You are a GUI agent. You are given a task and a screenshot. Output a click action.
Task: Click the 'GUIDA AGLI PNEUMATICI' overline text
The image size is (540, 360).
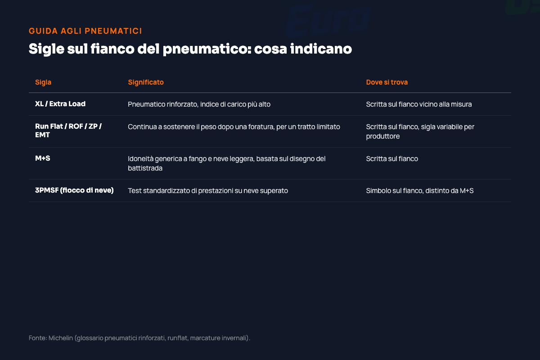[x=85, y=31]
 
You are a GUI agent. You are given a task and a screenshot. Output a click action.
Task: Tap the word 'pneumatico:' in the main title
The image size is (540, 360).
[x=207, y=49]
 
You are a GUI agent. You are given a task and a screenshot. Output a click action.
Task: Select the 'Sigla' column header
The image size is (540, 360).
[x=43, y=82]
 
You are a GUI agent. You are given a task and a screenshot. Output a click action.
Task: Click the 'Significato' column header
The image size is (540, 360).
[x=146, y=82]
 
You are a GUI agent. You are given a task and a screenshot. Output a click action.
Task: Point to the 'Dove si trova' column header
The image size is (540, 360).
[x=387, y=82]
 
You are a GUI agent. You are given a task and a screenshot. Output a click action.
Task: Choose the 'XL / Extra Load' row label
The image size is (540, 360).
[x=60, y=104]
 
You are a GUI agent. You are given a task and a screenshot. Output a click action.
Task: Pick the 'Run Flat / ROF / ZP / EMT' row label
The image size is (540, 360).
[x=68, y=130]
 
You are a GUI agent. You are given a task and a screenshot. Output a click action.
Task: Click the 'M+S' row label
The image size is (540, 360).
[x=43, y=158]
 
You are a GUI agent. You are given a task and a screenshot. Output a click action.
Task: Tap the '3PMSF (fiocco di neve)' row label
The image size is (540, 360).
[x=74, y=190]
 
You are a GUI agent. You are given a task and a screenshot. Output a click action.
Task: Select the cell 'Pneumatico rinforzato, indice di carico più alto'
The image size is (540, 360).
[x=199, y=104]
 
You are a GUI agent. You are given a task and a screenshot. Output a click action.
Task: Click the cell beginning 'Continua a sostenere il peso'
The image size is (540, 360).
[x=234, y=127]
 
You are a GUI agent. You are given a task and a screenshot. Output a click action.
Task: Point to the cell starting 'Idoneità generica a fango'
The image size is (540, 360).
[x=227, y=163]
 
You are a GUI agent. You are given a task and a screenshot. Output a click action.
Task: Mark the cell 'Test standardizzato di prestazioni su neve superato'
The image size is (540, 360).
[x=208, y=191]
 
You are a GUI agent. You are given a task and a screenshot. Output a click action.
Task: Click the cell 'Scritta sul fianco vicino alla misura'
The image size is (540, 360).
[x=419, y=104]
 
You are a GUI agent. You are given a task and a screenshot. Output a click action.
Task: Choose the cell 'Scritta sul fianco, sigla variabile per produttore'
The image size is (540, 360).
[x=420, y=131]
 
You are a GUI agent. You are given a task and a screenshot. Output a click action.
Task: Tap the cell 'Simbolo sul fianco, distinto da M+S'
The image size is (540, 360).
[x=420, y=191]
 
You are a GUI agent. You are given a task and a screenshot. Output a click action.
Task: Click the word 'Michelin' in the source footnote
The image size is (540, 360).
[x=61, y=338]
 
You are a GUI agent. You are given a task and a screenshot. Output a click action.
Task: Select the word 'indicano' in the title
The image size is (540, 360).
[x=321, y=49]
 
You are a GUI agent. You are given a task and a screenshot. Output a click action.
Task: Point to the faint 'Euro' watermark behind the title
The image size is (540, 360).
[x=328, y=21]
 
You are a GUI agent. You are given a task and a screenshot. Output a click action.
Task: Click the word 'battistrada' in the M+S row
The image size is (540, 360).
[x=145, y=168]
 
